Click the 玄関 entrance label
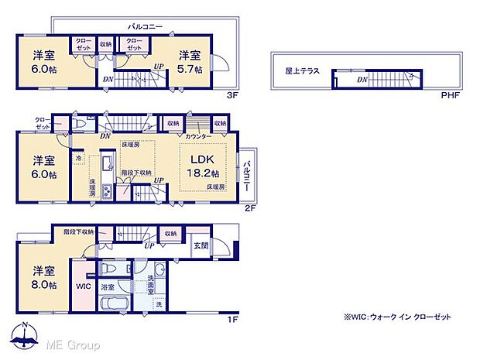coord(201,246)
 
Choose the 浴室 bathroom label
coord(108,287)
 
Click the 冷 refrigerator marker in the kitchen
coord(79,159)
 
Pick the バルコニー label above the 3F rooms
coord(144,26)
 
